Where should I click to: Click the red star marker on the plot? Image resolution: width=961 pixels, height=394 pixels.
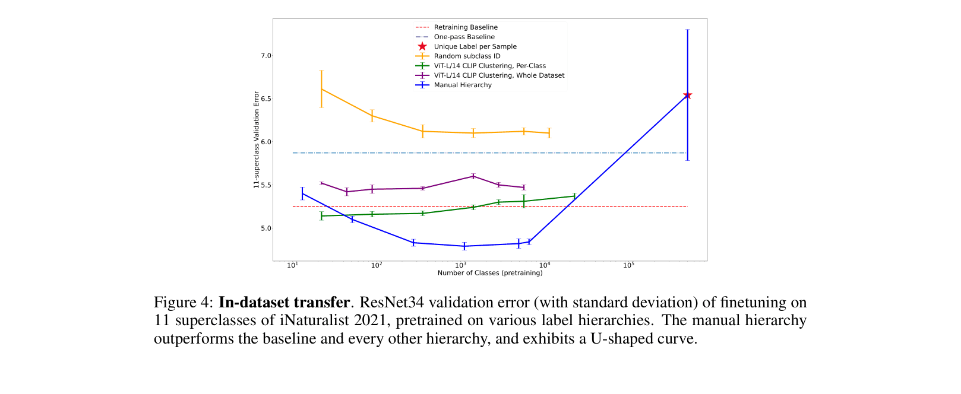tap(687, 96)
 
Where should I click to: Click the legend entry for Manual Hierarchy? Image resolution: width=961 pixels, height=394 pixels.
tap(463, 85)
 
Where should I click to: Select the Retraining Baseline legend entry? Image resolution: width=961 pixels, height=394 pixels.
tap(466, 27)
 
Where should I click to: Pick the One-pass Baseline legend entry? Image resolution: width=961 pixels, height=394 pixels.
tap(464, 37)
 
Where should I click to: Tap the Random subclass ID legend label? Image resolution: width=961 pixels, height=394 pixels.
tap(467, 56)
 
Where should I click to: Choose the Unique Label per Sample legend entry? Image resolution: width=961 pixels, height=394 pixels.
tap(475, 46)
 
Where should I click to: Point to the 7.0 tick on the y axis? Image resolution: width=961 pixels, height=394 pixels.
tap(265, 56)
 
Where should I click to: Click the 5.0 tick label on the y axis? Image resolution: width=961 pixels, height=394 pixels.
tap(265, 228)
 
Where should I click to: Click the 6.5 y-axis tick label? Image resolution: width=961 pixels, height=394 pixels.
tap(265, 99)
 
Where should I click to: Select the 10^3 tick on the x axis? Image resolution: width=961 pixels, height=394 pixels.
tap(460, 265)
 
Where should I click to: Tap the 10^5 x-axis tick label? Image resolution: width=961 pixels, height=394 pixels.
tap(628, 265)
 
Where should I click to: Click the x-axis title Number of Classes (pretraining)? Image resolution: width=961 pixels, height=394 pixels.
tap(490, 273)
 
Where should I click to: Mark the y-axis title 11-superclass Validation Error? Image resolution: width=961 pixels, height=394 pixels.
tap(257, 139)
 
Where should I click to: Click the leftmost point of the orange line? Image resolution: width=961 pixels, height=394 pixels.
tap(321, 89)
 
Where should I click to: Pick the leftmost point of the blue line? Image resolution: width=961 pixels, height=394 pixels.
tap(302, 193)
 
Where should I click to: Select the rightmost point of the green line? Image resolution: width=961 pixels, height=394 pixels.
tap(574, 196)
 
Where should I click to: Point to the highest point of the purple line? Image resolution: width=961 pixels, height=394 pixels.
tap(473, 176)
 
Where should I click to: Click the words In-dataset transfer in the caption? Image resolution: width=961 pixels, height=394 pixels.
tap(284, 303)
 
